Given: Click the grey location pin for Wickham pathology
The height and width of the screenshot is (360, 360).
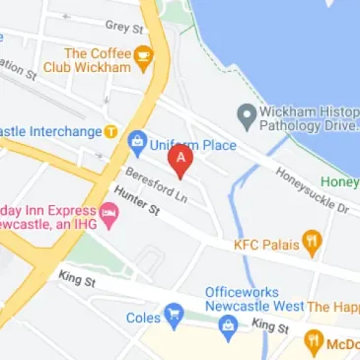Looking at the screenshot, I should point(246,113).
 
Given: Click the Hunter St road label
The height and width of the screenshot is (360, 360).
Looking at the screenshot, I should point(137,202).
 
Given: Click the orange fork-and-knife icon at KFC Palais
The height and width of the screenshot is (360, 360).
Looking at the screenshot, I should point(312,242).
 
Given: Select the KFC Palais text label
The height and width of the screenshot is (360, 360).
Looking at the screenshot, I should point(264,243).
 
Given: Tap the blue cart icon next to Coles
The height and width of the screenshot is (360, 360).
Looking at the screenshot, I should point(174,317).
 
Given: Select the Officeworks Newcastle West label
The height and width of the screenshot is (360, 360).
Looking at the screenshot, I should point(253,300).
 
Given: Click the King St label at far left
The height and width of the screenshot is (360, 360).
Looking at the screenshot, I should point(75,280).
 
